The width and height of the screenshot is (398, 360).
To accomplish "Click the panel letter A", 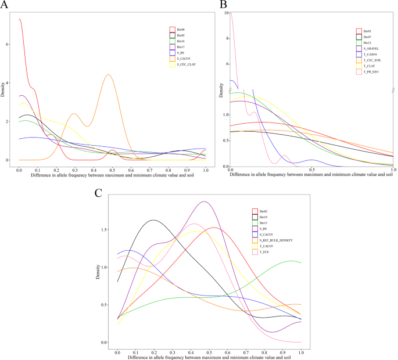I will [x=5, y=5].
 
